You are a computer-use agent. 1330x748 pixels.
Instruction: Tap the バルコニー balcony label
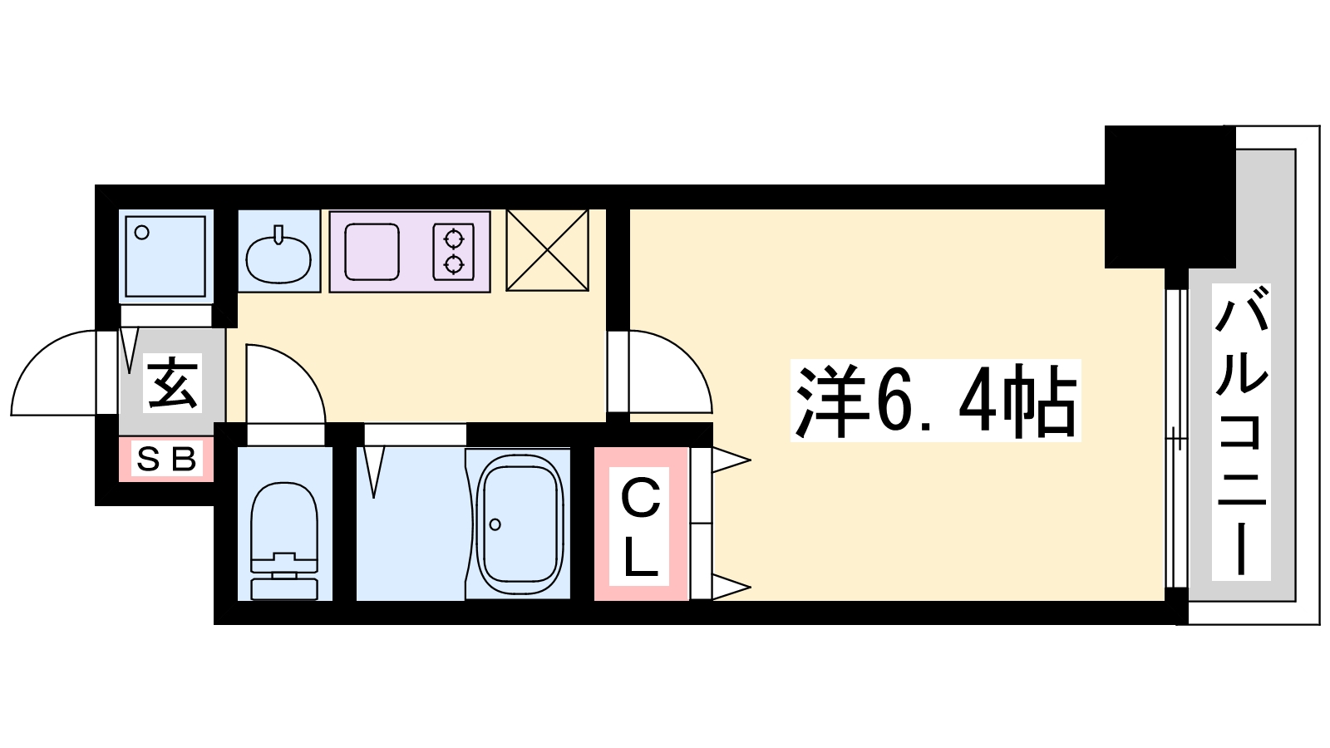(1241, 431)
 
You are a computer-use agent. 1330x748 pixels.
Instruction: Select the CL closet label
(640, 527)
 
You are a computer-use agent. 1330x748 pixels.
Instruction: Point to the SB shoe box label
(165, 458)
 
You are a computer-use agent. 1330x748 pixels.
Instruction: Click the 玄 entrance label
(172, 382)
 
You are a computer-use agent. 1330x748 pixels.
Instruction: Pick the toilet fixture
(284, 540)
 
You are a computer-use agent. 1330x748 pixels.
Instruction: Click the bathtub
(519, 524)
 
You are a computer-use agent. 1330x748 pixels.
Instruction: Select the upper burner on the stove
(454, 239)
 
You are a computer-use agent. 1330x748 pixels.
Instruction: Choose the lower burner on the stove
(454, 265)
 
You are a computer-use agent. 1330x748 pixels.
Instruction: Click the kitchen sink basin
(372, 252)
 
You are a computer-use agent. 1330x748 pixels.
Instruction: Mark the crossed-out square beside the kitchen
(548, 250)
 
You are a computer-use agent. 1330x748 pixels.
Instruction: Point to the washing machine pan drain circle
(142, 232)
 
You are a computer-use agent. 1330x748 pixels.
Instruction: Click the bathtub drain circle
(495, 524)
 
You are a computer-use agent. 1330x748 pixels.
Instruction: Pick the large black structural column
(1170, 197)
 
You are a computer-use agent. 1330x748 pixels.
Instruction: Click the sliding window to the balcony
(1176, 439)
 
